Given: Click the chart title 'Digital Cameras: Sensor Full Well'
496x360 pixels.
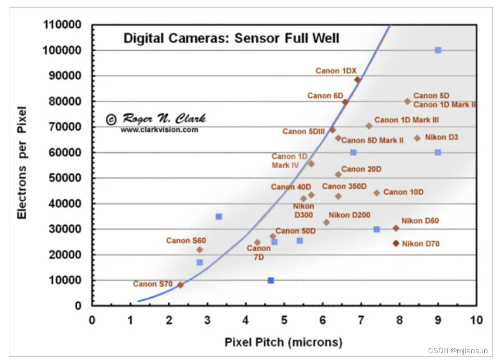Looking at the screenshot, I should [231, 39].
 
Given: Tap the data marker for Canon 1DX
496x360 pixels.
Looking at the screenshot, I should [357, 80].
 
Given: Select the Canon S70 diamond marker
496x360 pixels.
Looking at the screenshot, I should [180, 285].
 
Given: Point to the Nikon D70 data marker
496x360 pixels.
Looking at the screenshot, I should [396, 243].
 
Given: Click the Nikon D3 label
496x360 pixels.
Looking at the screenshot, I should [442, 137].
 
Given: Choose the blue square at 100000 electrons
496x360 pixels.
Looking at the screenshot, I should [438, 50].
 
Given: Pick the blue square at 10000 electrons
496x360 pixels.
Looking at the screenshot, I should [270, 280].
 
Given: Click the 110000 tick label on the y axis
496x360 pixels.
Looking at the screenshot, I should [62, 25].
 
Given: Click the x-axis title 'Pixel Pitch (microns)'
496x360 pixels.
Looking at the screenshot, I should [283, 342].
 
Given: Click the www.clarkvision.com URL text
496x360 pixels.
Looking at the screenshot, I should [159, 130].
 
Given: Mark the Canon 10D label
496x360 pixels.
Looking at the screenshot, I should [403, 192].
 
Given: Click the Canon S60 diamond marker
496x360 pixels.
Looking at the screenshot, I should [200, 250].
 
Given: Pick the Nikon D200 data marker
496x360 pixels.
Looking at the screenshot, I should [327, 222].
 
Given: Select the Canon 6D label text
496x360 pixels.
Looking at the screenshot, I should [325, 96].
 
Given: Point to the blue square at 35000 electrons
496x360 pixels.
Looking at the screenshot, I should [219, 216].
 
